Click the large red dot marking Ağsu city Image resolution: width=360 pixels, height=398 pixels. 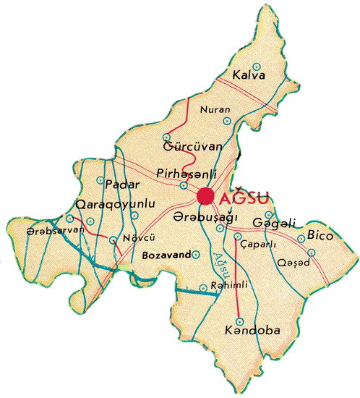point(207,195)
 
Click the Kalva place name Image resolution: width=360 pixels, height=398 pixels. point(249,75)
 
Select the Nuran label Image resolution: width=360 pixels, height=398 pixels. point(217,110)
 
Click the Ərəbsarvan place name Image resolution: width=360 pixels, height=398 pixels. point(46,230)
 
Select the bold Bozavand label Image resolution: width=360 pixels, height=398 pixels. point(166,255)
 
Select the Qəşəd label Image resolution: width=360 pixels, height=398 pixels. point(293,262)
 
